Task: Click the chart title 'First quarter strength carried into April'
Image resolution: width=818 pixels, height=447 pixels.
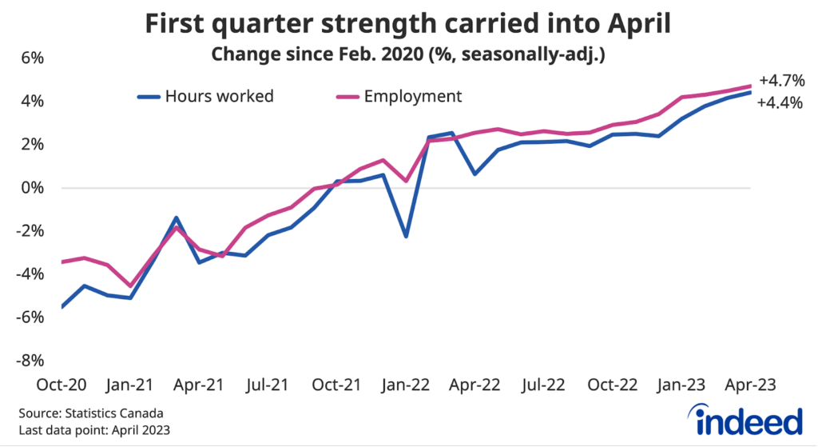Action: click(407, 25)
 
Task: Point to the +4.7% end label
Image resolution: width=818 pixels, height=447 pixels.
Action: click(781, 81)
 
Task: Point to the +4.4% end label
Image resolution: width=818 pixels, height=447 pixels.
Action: click(780, 102)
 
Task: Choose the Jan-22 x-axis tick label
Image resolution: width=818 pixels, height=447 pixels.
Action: click(407, 384)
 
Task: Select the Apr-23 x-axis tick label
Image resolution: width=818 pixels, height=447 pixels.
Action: click(752, 384)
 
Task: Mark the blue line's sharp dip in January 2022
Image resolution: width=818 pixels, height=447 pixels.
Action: click(407, 236)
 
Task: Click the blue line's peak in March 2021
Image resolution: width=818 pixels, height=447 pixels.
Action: click(177, 218)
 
